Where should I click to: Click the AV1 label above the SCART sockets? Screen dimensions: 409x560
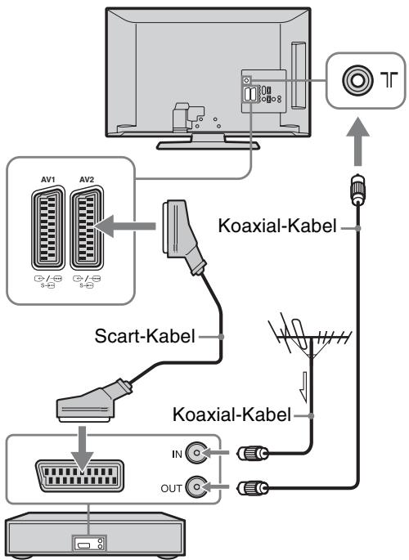point(48,180)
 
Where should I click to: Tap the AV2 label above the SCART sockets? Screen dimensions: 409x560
point(87,180)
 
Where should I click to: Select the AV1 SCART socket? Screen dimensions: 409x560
point(48,228)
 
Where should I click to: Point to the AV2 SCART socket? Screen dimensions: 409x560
point(87,228)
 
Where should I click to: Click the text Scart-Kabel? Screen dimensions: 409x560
point(145,336)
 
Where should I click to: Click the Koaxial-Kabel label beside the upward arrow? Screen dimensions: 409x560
point(277,226)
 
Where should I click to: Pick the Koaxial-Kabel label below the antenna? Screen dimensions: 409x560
point(231,414)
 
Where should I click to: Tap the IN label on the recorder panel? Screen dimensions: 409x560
point(178,455)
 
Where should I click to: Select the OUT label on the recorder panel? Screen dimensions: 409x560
point(172,488)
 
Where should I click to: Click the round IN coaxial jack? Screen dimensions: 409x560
point(196,453)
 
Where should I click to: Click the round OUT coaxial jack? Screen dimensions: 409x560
point(196,486)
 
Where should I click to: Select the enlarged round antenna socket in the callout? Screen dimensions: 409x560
point(357,79)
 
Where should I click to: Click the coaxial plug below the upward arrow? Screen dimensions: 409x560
point(357,190)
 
